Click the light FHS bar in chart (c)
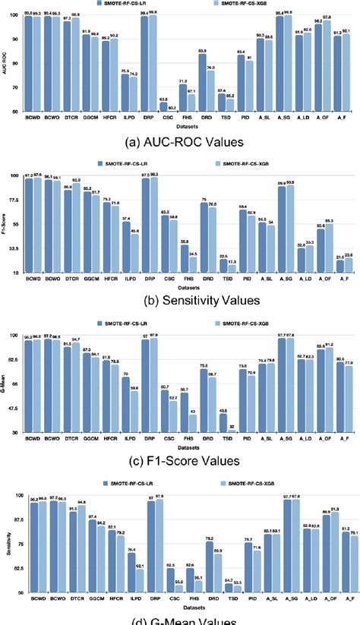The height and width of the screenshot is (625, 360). click(192, 421)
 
